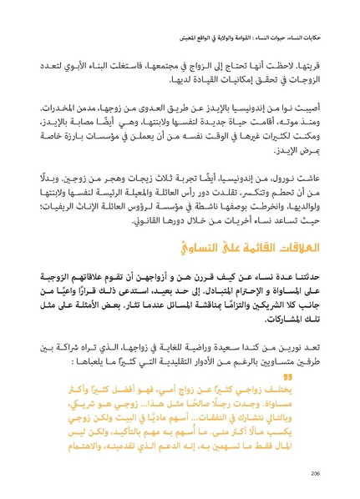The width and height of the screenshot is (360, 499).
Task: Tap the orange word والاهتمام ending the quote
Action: [x=58, y=451]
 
